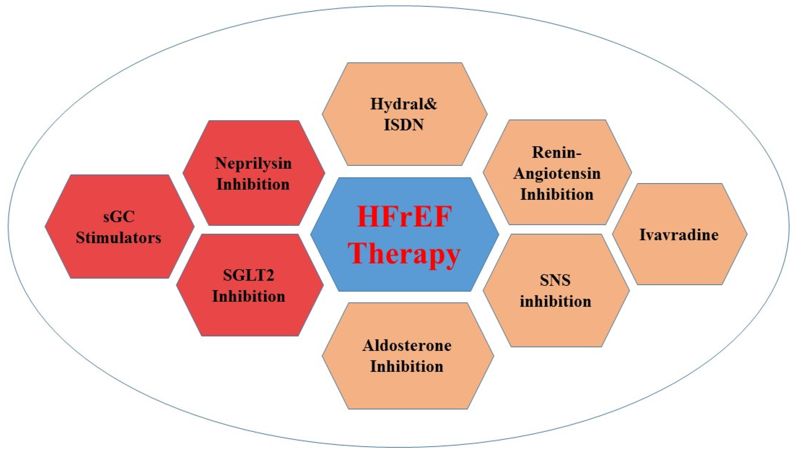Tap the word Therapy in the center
pos(404,254)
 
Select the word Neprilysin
pos(253,163)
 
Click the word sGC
pos(119,217)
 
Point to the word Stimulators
pos(118,238)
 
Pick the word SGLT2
pos(249,276)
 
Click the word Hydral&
pos(404,104)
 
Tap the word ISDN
pos(404,125)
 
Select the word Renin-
pos(556,153)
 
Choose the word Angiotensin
pos(557,174)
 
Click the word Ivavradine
pos(679,235)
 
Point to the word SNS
pos(555,280)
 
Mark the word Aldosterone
pos(407,346)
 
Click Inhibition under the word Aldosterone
pos(407,367)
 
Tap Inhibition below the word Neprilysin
pos(253,184)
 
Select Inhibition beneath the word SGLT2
pos(249,297)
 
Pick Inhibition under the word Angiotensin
pos(557,194)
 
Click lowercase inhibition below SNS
pos(555,301)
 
